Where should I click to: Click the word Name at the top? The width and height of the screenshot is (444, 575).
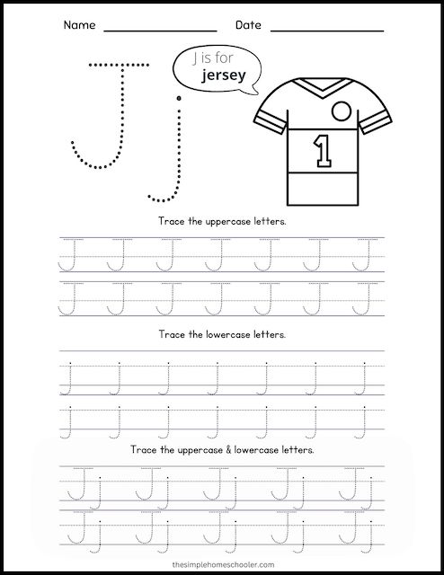(79, 25)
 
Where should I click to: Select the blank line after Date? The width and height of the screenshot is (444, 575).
(327, 30)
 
